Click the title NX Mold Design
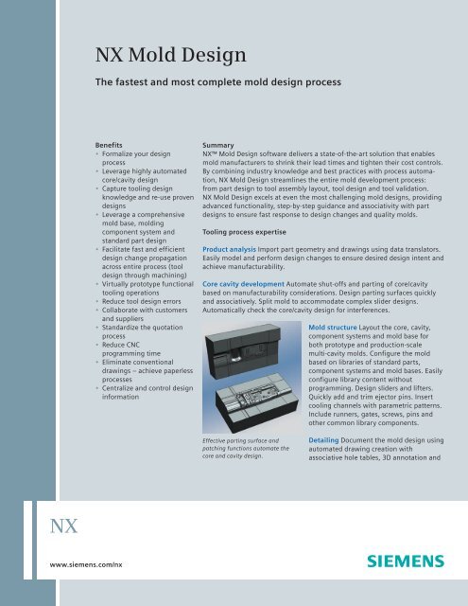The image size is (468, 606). tap(170, 55)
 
